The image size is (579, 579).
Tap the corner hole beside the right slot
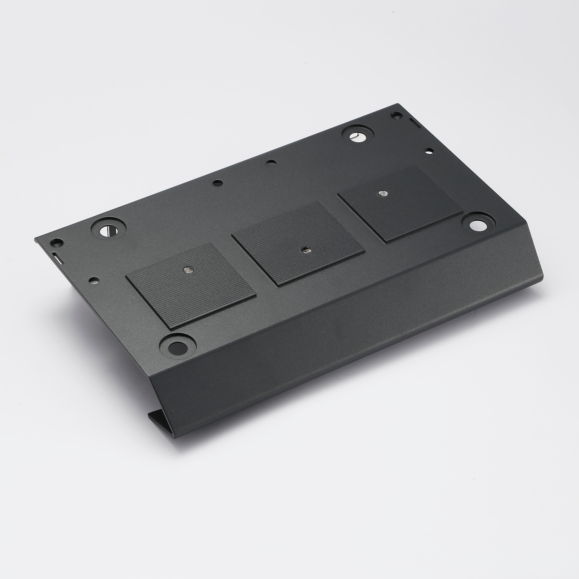tap(396, 114)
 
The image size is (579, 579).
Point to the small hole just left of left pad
tap(94, 281)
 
